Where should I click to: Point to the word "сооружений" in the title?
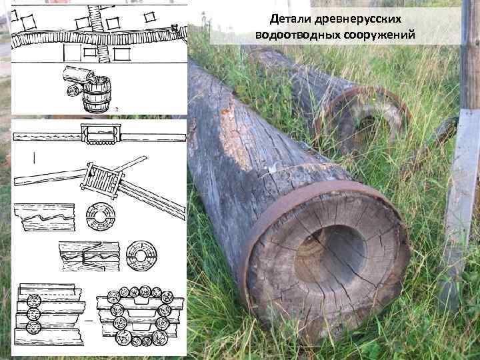(378, 35)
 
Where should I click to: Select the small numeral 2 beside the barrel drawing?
(117, 109)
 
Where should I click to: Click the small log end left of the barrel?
(72, 89)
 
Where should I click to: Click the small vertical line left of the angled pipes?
(33, 157)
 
